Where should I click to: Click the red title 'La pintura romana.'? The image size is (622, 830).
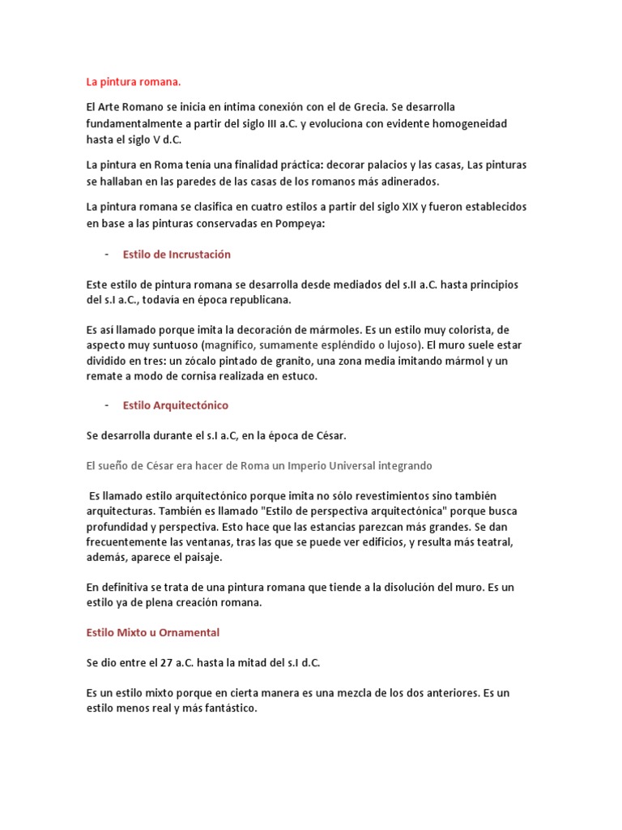(134, 82)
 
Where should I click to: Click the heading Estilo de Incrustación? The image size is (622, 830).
(177, 255)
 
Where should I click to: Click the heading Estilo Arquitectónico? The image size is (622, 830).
(176, 405)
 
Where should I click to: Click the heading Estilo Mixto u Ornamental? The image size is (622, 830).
(153, 632)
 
